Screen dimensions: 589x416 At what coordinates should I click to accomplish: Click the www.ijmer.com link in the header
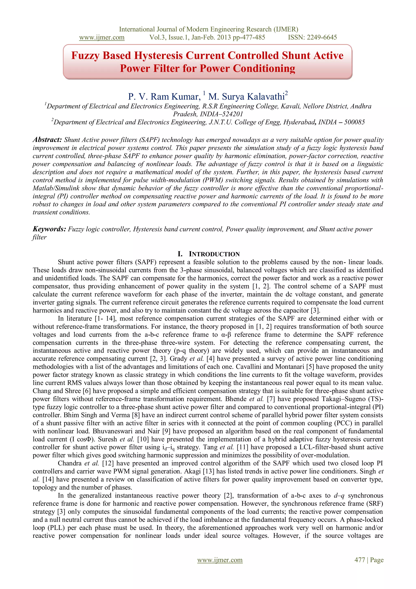point(102,37)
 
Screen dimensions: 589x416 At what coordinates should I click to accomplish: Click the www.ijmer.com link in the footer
point(220,560)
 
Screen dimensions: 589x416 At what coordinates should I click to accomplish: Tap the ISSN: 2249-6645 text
point(312,37)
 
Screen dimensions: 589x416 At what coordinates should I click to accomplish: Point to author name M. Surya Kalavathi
point(246,97)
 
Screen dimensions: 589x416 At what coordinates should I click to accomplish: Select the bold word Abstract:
point(47,140)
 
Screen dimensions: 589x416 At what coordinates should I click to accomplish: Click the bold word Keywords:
point(49,229)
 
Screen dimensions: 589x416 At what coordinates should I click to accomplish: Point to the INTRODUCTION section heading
point(214,254)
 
